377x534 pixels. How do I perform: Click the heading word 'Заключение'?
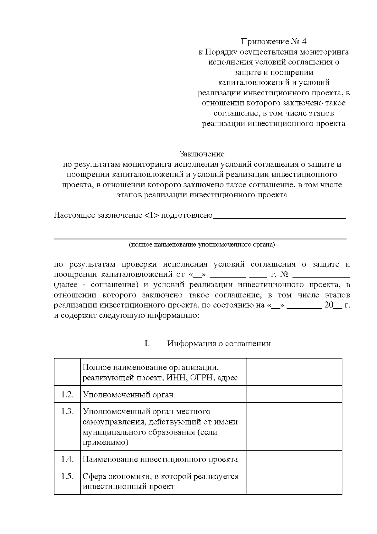tap(202, 154)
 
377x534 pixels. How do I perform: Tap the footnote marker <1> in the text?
tap(152, 215)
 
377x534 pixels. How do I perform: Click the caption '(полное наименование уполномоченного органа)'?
tap(202, 245)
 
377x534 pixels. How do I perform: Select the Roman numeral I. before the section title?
tap(147, 343)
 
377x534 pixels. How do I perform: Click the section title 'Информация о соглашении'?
tap(219, 343)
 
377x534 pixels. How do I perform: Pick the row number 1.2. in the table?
tap(67, 394)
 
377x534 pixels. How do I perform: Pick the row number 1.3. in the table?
tap(67, 411)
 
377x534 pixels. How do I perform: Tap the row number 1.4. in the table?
tap(67, 459)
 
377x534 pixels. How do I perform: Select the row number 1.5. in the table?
tap(67, 476)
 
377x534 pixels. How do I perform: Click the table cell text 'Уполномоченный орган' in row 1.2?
tap(128, 395)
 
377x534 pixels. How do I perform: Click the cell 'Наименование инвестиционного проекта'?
tap(160, 459)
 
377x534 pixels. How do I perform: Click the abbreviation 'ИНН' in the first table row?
tap(173, 378)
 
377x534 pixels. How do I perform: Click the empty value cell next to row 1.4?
tap(294, 459)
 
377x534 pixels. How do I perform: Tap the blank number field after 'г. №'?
tap(321, 274)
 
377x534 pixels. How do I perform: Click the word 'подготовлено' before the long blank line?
tap(187, 215)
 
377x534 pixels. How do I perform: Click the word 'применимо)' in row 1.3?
tap(106, 442)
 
